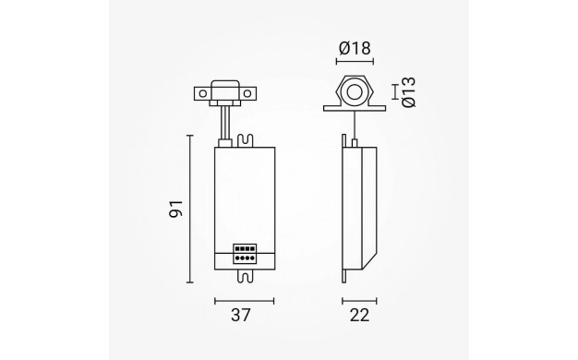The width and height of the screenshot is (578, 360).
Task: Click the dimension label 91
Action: pos(175,209)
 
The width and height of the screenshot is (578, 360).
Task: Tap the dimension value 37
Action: pos(241,316)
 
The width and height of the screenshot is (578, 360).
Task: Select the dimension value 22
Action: pos(359,316)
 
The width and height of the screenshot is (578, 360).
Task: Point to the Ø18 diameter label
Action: pos(355,48)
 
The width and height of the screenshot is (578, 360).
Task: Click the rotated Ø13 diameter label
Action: pos(409,92)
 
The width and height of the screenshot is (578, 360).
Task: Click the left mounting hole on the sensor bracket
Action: pos(203,93)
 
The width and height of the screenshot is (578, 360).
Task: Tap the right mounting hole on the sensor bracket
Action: pos(247,93)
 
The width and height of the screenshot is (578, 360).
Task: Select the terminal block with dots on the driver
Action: pos(245,254)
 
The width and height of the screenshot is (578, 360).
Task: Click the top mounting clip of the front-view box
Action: pos(246,140)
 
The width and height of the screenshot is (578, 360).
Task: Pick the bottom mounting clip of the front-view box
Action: pos(246,276)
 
